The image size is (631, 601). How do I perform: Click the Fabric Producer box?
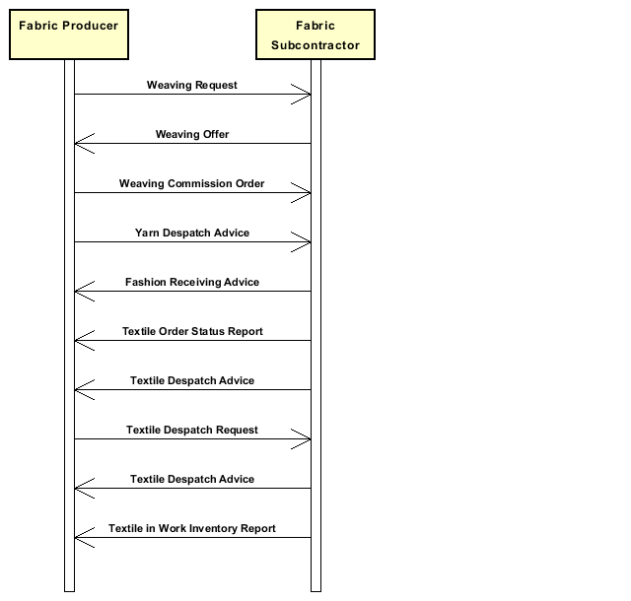[x=69, y=34]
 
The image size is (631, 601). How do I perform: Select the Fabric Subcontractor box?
[x=315, y=34]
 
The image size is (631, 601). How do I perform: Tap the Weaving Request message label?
[x=192, y=86]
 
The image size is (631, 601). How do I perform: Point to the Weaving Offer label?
[x=192, y=134]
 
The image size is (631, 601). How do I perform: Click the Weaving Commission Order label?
[x=191, y=184]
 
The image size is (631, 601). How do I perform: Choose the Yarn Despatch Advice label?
[x=192, y=233]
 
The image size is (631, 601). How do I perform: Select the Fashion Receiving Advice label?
[x=192, y=282]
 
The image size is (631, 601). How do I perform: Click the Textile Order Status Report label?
[x=192, y=331]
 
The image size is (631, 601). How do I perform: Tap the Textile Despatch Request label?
[x=192, y=430]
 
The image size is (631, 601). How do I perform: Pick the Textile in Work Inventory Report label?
[x=192, y=529]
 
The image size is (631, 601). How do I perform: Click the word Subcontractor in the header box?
[x=315, y=45]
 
